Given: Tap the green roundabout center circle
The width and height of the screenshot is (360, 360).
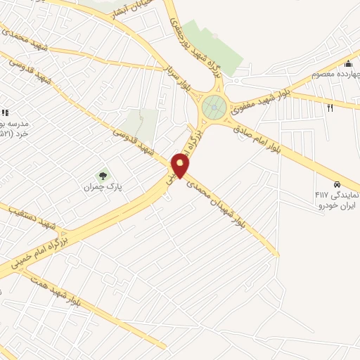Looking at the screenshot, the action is tap(214, 108).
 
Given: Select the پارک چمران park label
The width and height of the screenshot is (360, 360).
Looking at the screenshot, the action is tap(98, 188).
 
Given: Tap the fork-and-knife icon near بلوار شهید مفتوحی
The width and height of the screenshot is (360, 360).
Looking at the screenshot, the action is tap(330, 107).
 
